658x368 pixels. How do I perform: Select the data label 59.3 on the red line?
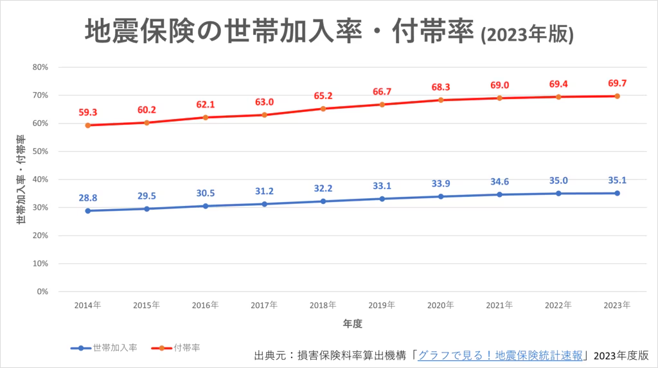pos(87,112)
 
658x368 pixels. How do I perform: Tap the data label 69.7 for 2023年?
pos(617,83)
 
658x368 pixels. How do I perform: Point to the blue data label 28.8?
pos(87,198)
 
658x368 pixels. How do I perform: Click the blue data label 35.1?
pos(617,180)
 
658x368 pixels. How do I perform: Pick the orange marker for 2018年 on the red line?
pos(323,109)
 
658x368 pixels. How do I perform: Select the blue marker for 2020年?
pos(441,196)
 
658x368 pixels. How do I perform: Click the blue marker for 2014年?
pos(87,210)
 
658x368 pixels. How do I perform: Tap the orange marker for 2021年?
pos(499,98)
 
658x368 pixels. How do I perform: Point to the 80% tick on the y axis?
pos(40,67)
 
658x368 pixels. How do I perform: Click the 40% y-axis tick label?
pos(40,179)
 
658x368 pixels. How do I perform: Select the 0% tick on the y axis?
pos(42,291)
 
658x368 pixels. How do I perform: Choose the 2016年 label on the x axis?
pos(205,305)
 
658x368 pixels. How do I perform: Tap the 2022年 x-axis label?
pos(558,305)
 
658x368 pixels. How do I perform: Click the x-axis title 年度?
pos(352,323)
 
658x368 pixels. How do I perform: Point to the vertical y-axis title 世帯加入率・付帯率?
pos(21,179)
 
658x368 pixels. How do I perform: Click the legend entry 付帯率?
pos(186,347)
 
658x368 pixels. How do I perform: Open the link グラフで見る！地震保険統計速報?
pos(500,355)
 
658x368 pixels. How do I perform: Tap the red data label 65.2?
pos(323,96)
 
